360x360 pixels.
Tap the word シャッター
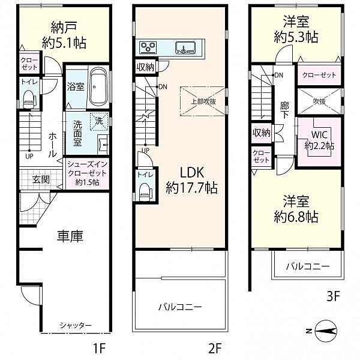tap(76, 325)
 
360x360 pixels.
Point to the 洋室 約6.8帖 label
tap(297, 208)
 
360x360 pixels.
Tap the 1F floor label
tap(100, 347)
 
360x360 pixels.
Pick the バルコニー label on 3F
tap(307, 266)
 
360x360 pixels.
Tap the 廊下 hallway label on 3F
tap(284, 111)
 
